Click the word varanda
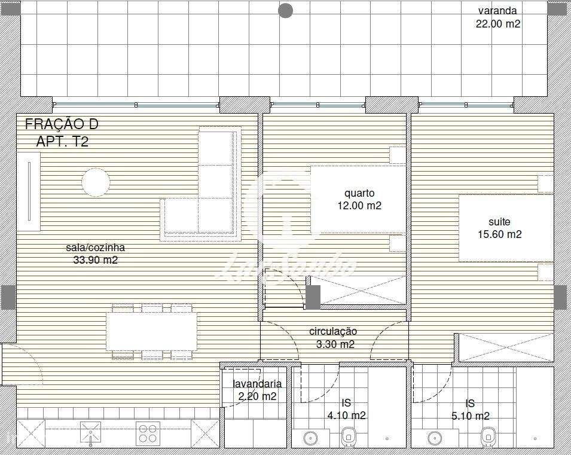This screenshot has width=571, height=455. pos(497,11)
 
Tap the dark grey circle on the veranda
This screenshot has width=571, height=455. pos(286,10)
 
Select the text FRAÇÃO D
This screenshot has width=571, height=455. pos(62,124)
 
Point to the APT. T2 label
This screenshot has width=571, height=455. pos(62,142)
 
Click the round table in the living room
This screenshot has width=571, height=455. pos(96,182)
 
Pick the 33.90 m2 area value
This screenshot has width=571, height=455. pos(95,260)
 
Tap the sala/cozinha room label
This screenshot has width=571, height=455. pos(96,248)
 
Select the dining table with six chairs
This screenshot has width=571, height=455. pos(152,332)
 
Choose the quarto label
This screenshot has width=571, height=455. pos(359,193)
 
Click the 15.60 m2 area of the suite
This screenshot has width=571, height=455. pos(499,234)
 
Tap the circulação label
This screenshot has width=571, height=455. pos(333,331)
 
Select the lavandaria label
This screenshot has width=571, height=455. pos(257,384)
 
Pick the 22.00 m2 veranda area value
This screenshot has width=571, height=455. pos(497,24)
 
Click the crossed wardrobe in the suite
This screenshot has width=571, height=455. pos(504,347)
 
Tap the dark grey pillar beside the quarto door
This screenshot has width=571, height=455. pos(313,297)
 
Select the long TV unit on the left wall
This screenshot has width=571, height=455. pos(28,191)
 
